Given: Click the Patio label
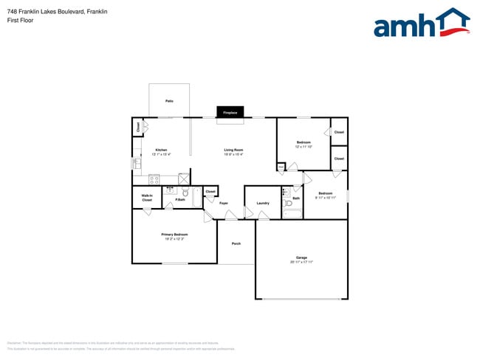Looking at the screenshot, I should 169,100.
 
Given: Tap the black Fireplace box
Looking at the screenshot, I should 230,112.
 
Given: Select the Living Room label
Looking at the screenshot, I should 233,150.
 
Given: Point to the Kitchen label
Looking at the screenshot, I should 161,150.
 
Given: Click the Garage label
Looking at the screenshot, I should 301,257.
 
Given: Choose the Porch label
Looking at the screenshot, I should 236,243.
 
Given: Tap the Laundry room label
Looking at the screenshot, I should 263,203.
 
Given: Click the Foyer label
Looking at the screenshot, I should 223,203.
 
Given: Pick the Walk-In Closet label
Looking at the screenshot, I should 147,198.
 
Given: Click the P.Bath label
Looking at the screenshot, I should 180,199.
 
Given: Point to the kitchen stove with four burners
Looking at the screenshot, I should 154,179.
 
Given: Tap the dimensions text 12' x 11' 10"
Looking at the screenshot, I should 304,147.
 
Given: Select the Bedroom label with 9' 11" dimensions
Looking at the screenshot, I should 326,193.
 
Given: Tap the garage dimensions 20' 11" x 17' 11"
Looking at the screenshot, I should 301,262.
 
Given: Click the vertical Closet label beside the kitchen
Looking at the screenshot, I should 138,127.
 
